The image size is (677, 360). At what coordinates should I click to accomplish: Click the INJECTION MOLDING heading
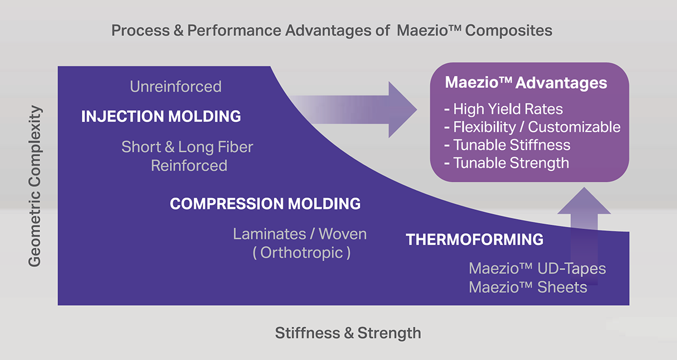pyautogui.click(x=161, y=116)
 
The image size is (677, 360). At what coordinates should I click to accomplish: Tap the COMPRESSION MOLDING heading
pyautogui.click(x=265, y=204)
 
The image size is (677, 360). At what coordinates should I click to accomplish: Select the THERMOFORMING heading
pyautogui.click(x=474, y=240)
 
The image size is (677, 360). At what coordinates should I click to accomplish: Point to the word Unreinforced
pyautogui.click(x=175, y=87)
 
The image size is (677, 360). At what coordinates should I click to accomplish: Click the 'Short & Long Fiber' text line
pyautogui.click(x=187, y=147)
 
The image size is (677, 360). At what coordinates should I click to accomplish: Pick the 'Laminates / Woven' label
pyautogui.click(x=300, y=234)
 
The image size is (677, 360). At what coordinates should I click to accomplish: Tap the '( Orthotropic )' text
pyautogui.click(x=302, y=253)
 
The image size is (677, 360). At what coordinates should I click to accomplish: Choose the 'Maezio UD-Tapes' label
pyautogui.click(x=537, y=269)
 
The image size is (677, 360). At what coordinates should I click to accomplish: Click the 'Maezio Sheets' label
pyautogui.click(x=528, y=287)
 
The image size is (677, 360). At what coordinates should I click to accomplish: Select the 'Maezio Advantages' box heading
pyautogui.click(x=526, y=83)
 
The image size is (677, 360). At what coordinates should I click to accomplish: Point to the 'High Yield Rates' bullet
pyautogui.click(x=503, y=109)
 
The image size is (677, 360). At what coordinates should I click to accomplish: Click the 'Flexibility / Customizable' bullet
pyautogui.click(x=532, y=127)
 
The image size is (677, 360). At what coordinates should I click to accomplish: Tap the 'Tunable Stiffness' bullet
pyautogui.click(x=507, y=145)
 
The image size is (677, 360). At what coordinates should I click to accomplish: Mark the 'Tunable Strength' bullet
pyautogui.click(x=507, y=163)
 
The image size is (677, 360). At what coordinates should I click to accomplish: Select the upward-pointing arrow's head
pyautogui.click(x=584, y=201)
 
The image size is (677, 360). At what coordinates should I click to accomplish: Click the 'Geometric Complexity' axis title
pyautogui.click(x=35, y=186)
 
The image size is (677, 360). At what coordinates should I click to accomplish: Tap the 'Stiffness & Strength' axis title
pyautogui.click(x=348, y=333)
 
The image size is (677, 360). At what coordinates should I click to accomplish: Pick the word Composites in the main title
pyautogui.click(x=509, y=30)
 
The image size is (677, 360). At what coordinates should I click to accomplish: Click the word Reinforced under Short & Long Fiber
pyautogui.click(x=189, y=166)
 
